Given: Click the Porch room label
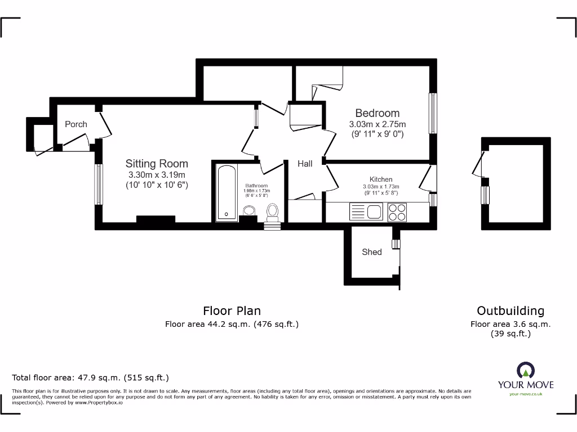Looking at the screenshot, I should point(76,124).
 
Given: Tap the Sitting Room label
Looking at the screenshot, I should point(157,164).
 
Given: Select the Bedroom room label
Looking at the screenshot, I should point(377,113).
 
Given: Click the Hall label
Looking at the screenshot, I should point(305,164).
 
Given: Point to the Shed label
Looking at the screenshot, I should point(371,252).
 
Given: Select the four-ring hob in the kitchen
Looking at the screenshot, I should point(397,211).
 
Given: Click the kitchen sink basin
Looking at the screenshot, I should point(374,212).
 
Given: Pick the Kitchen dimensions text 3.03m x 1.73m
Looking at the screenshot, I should point(381,187).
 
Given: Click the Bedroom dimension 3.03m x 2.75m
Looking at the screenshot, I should point(377,124).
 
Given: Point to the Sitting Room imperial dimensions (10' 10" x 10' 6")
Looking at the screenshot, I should point(157,184).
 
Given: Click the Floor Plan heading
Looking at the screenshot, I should point(232,310).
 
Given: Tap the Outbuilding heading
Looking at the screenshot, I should point(511,310).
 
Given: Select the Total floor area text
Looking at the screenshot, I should point(90,377).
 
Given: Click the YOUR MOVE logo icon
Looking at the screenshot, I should point(525,370).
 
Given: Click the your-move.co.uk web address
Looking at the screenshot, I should point(525,394).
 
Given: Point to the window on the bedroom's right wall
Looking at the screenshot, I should point(433,113).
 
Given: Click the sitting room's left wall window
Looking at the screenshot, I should point(98,184).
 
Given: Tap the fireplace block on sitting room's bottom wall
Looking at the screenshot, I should point(156,220).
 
